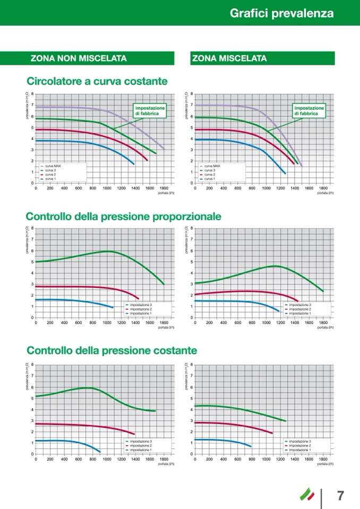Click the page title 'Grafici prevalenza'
[x=281, y=13]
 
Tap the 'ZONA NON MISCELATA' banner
[x=79, y=58]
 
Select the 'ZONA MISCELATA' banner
[x=229, y=58]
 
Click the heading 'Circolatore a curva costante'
[x=97, y=81]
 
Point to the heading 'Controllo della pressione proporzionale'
[x=123, y=217]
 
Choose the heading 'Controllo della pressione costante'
[x=112, y=351]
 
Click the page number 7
[x=341, y=496]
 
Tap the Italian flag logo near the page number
[x=307, y=494]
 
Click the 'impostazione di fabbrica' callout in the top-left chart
[x=150, y=110]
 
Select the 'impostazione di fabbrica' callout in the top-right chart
[x=309, y=110]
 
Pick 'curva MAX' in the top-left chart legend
[x=53, y=166]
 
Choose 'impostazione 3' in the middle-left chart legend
[x=141, y=305]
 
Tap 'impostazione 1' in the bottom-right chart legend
[x=300, y=450]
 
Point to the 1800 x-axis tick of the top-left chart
[x=164, y=188]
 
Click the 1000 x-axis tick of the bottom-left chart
[x=107, y=459]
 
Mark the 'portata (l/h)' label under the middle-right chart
[x=325, y=327]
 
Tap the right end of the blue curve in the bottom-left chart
[x=100, y=452]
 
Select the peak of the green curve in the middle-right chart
[x=275, y=266]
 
